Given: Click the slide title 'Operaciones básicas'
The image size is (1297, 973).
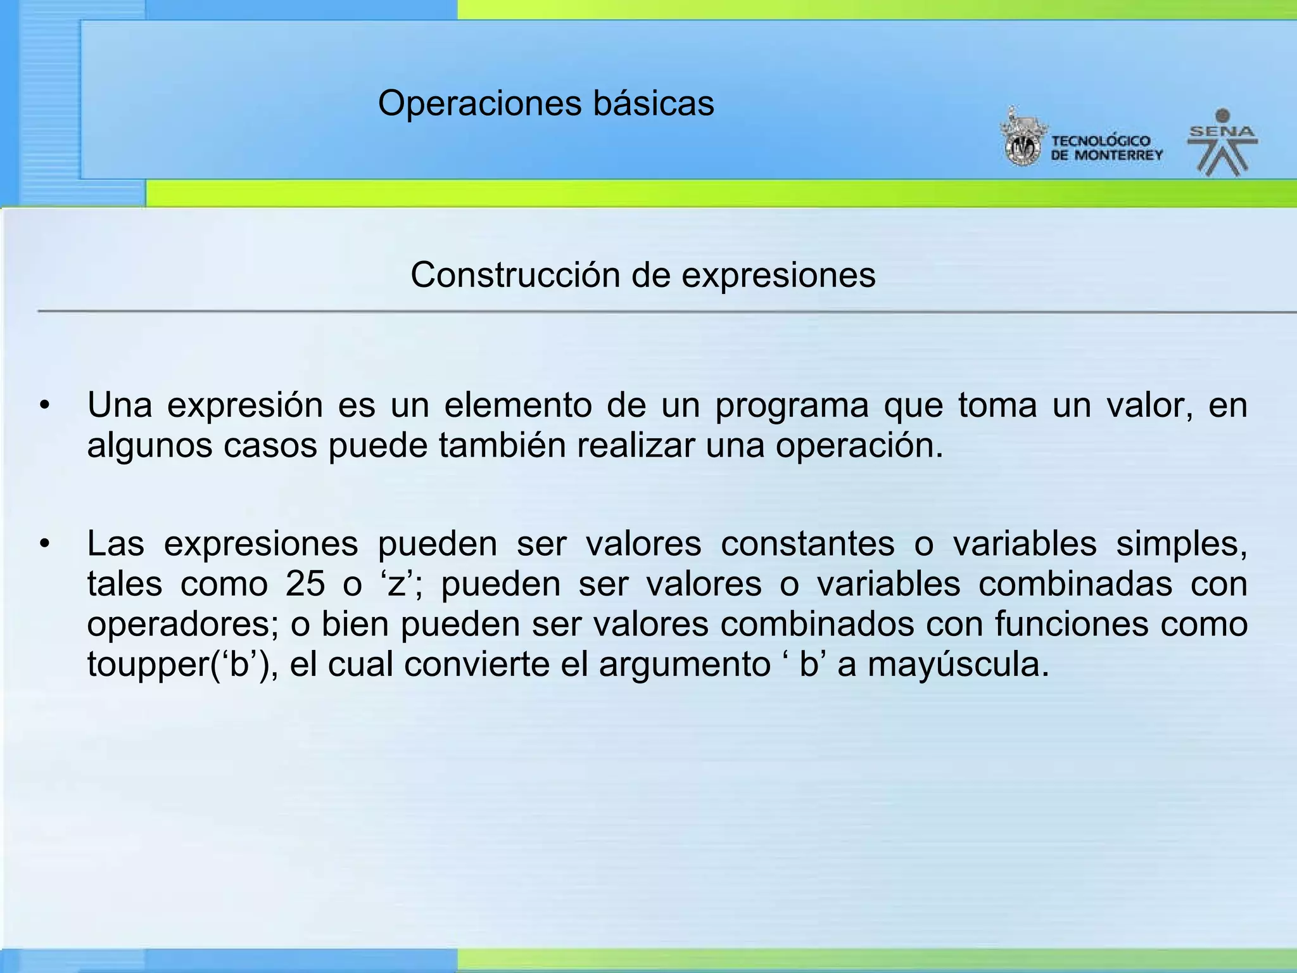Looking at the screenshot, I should point(546,103).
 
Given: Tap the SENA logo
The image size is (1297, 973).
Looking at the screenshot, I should point(1222,143).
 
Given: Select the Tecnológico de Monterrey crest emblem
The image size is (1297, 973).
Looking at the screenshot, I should point(1022,138).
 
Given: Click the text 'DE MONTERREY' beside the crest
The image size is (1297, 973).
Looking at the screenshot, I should point(1106,155).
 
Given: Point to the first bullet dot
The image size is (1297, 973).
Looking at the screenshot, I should point(44,406).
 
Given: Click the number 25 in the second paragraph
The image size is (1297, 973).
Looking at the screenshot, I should point(305,584).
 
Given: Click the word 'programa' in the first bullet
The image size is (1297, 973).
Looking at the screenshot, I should point(792,405).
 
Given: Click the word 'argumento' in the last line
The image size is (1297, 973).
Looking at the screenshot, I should point(685,665).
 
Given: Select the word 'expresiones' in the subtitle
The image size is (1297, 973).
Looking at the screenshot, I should point(778,276).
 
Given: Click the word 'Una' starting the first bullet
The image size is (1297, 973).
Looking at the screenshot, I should point(119,405).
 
